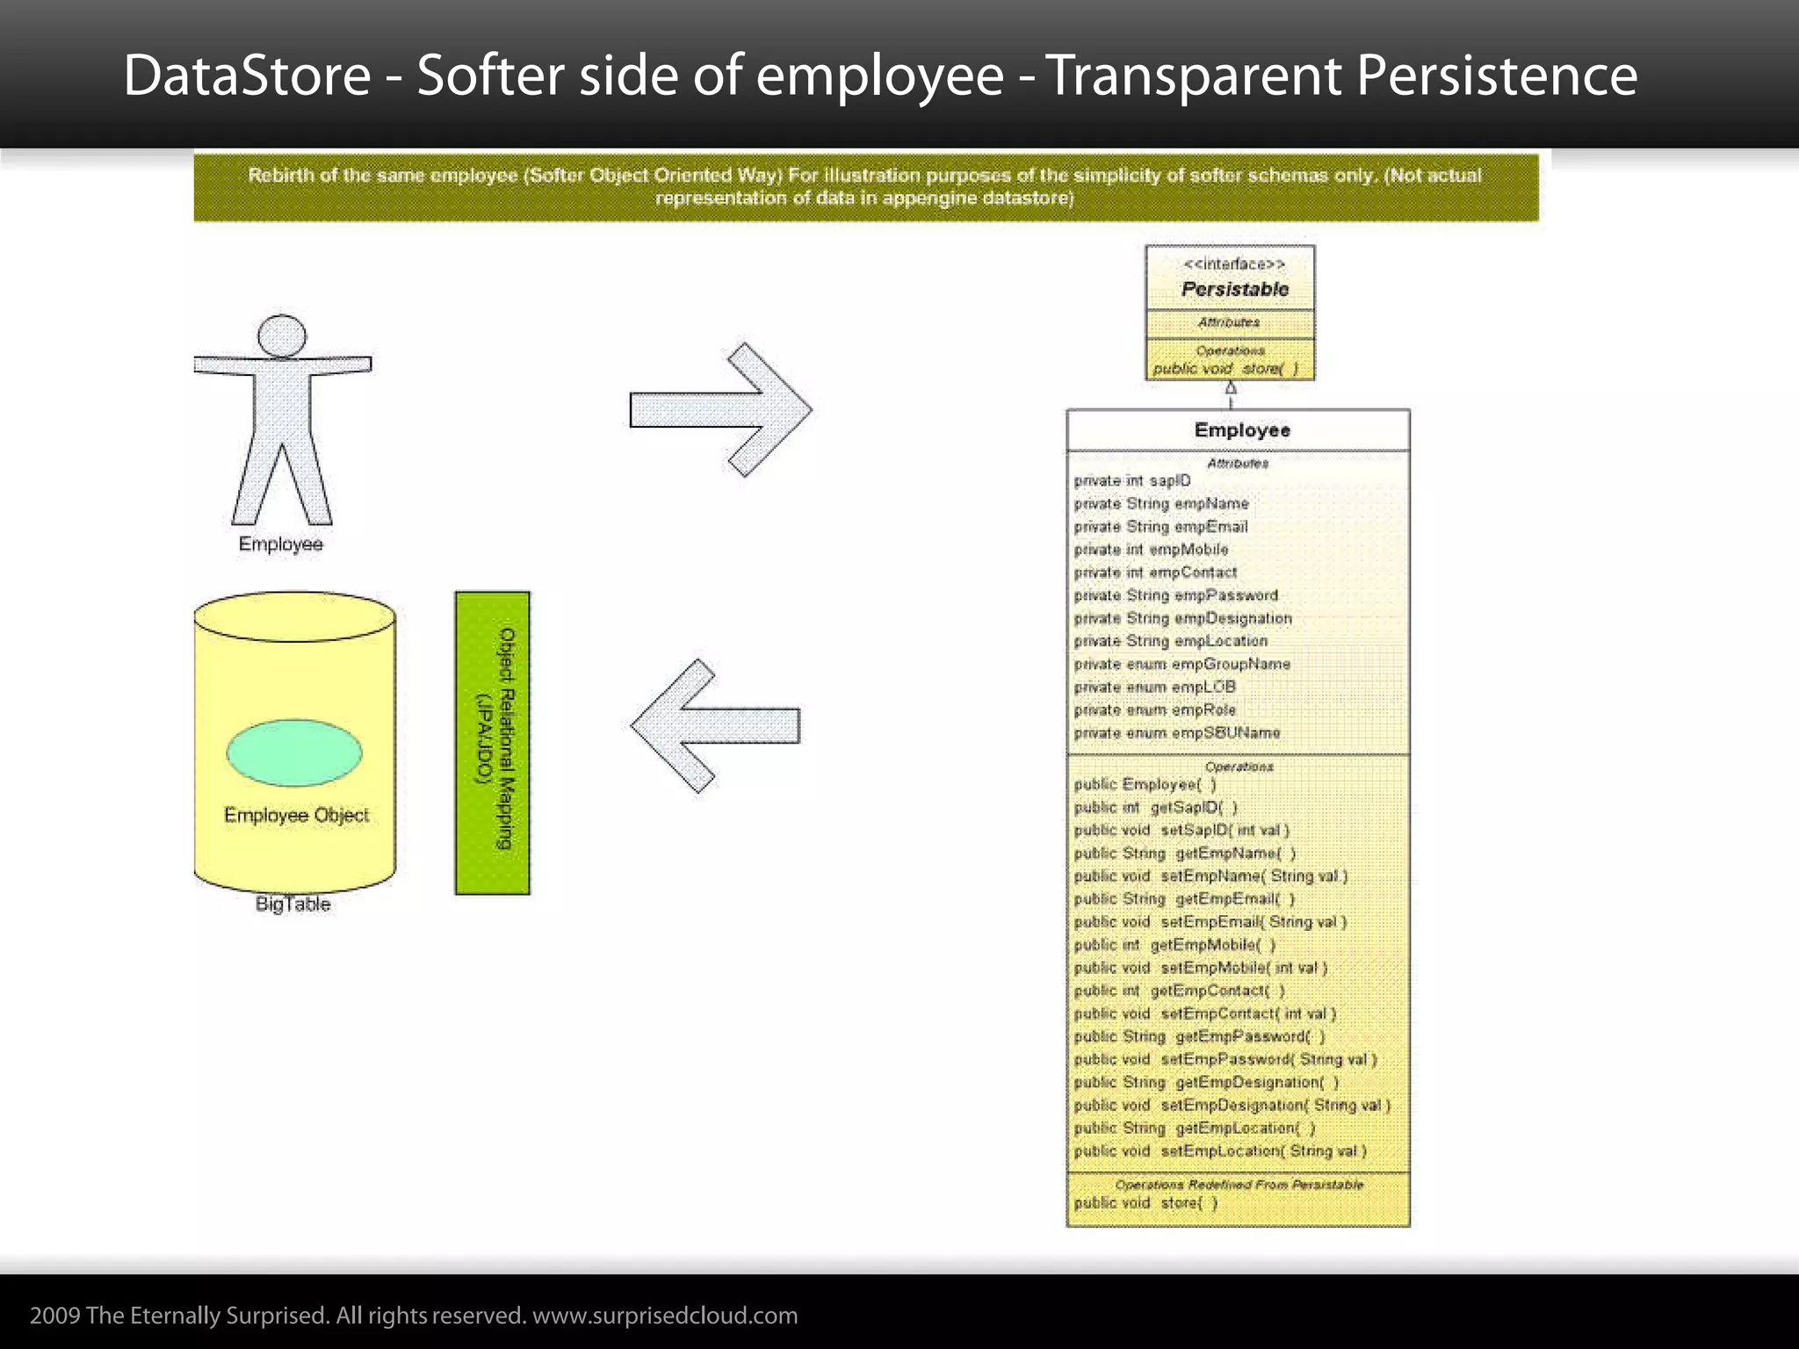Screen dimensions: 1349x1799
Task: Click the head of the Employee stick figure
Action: [282, 336]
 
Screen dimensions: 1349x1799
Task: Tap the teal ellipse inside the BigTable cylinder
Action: [294, 752]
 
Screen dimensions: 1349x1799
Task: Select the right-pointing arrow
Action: [720, 410]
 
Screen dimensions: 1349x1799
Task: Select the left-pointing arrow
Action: [716, 725]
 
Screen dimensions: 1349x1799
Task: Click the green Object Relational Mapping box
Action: [492, 743]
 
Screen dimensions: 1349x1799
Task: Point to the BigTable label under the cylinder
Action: [293, 904]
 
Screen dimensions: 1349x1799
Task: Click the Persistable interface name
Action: [1234, 289]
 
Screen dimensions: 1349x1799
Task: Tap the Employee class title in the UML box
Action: [1241, 430]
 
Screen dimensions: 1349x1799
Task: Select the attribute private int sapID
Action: [1132, 480]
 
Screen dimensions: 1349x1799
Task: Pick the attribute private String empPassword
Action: [1175, 595]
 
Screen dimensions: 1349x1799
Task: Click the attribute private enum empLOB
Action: [1154, 687]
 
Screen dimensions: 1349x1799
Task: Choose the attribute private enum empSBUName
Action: [1176, 732]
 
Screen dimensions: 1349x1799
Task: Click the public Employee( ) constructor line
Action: [1145, 784]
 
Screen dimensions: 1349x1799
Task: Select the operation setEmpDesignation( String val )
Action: [1232, 1105]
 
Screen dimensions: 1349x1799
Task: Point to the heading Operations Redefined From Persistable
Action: [1239, 1185]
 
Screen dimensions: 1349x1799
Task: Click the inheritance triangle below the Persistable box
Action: [1231, 388]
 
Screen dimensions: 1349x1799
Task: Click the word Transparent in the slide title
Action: [1195, 76]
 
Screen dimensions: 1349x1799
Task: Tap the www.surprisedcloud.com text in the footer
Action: [665, 1315]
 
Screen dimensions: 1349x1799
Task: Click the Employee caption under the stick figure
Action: [281, 544]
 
